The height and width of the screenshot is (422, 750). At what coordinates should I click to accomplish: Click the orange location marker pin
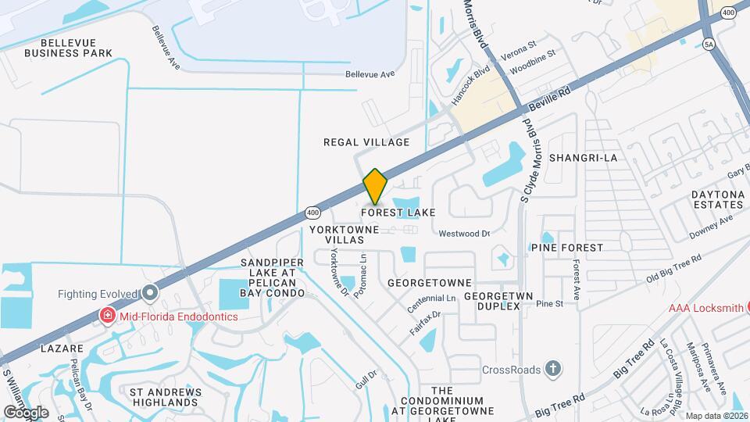click(x=375, y=186)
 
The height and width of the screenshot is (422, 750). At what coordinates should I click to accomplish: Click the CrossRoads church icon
click(x=552, y=369)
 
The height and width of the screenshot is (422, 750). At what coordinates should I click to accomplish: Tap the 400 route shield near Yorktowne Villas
click(x=313, y=212)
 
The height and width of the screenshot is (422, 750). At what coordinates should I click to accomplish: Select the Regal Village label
click(x=366, y=142)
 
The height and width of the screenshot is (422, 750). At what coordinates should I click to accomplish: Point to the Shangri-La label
click(x=583, y=158)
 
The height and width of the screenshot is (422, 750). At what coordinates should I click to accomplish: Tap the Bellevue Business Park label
click(x=67, y=48)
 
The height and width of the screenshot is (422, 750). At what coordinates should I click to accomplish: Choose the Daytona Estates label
click(x=717, y=199)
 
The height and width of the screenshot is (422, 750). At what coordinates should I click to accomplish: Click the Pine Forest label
click(x=566, y=248)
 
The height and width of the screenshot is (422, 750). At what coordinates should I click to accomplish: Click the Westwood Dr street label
click(x=463, y=233)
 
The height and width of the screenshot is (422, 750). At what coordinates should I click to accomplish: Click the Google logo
click(x=26, y=412)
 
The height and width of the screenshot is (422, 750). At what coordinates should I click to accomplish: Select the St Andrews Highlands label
click(x=164, y=397)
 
